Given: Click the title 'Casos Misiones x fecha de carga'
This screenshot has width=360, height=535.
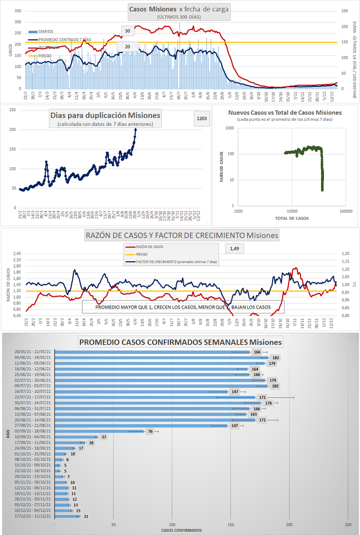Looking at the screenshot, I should (179, 9).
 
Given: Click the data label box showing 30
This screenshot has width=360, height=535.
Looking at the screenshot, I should (127, 31).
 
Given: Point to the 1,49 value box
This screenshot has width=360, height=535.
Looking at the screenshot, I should (235, 249).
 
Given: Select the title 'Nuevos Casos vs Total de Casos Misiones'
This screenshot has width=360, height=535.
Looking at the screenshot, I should (285, 113).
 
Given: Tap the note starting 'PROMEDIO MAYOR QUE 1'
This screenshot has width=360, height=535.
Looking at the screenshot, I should (183, 307).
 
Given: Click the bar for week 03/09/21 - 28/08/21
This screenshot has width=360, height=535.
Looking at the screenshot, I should (99, 432).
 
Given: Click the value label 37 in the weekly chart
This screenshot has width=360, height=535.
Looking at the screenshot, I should (104, 437).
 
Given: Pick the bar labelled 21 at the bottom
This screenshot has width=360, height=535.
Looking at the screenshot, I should (66, 516).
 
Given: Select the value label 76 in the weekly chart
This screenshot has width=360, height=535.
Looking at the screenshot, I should (151, 432).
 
